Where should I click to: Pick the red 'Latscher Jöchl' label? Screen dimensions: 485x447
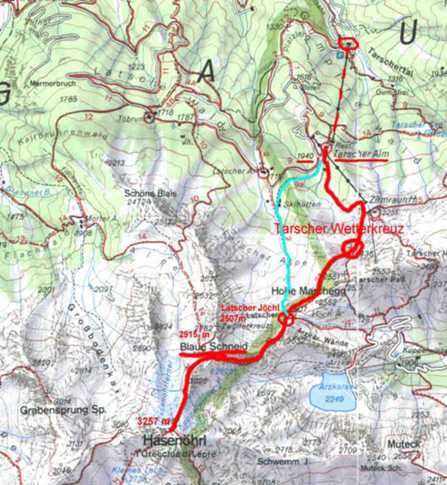[248, 309]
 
